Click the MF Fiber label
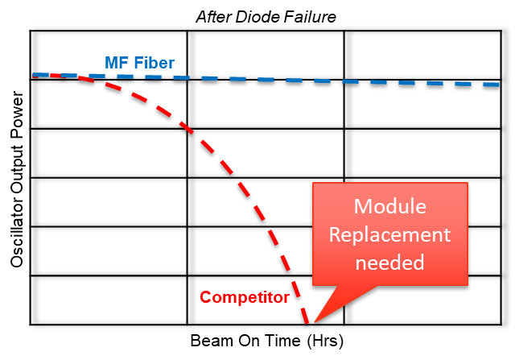(139, 64)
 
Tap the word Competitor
(245, 297)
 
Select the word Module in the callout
(389, 207)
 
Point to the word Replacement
(389, 235)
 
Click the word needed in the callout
(389, 263)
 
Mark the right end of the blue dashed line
(498, 84)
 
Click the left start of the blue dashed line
(35, 75)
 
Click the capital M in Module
(362, 207)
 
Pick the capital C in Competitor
(205, 297)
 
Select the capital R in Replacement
(335, 235)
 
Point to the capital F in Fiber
(136, 64)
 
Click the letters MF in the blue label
(114, 64)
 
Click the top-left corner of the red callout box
(314, 184)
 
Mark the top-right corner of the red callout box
(467, 184)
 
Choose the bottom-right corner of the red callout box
(467, 284)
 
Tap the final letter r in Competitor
(286, 297)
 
